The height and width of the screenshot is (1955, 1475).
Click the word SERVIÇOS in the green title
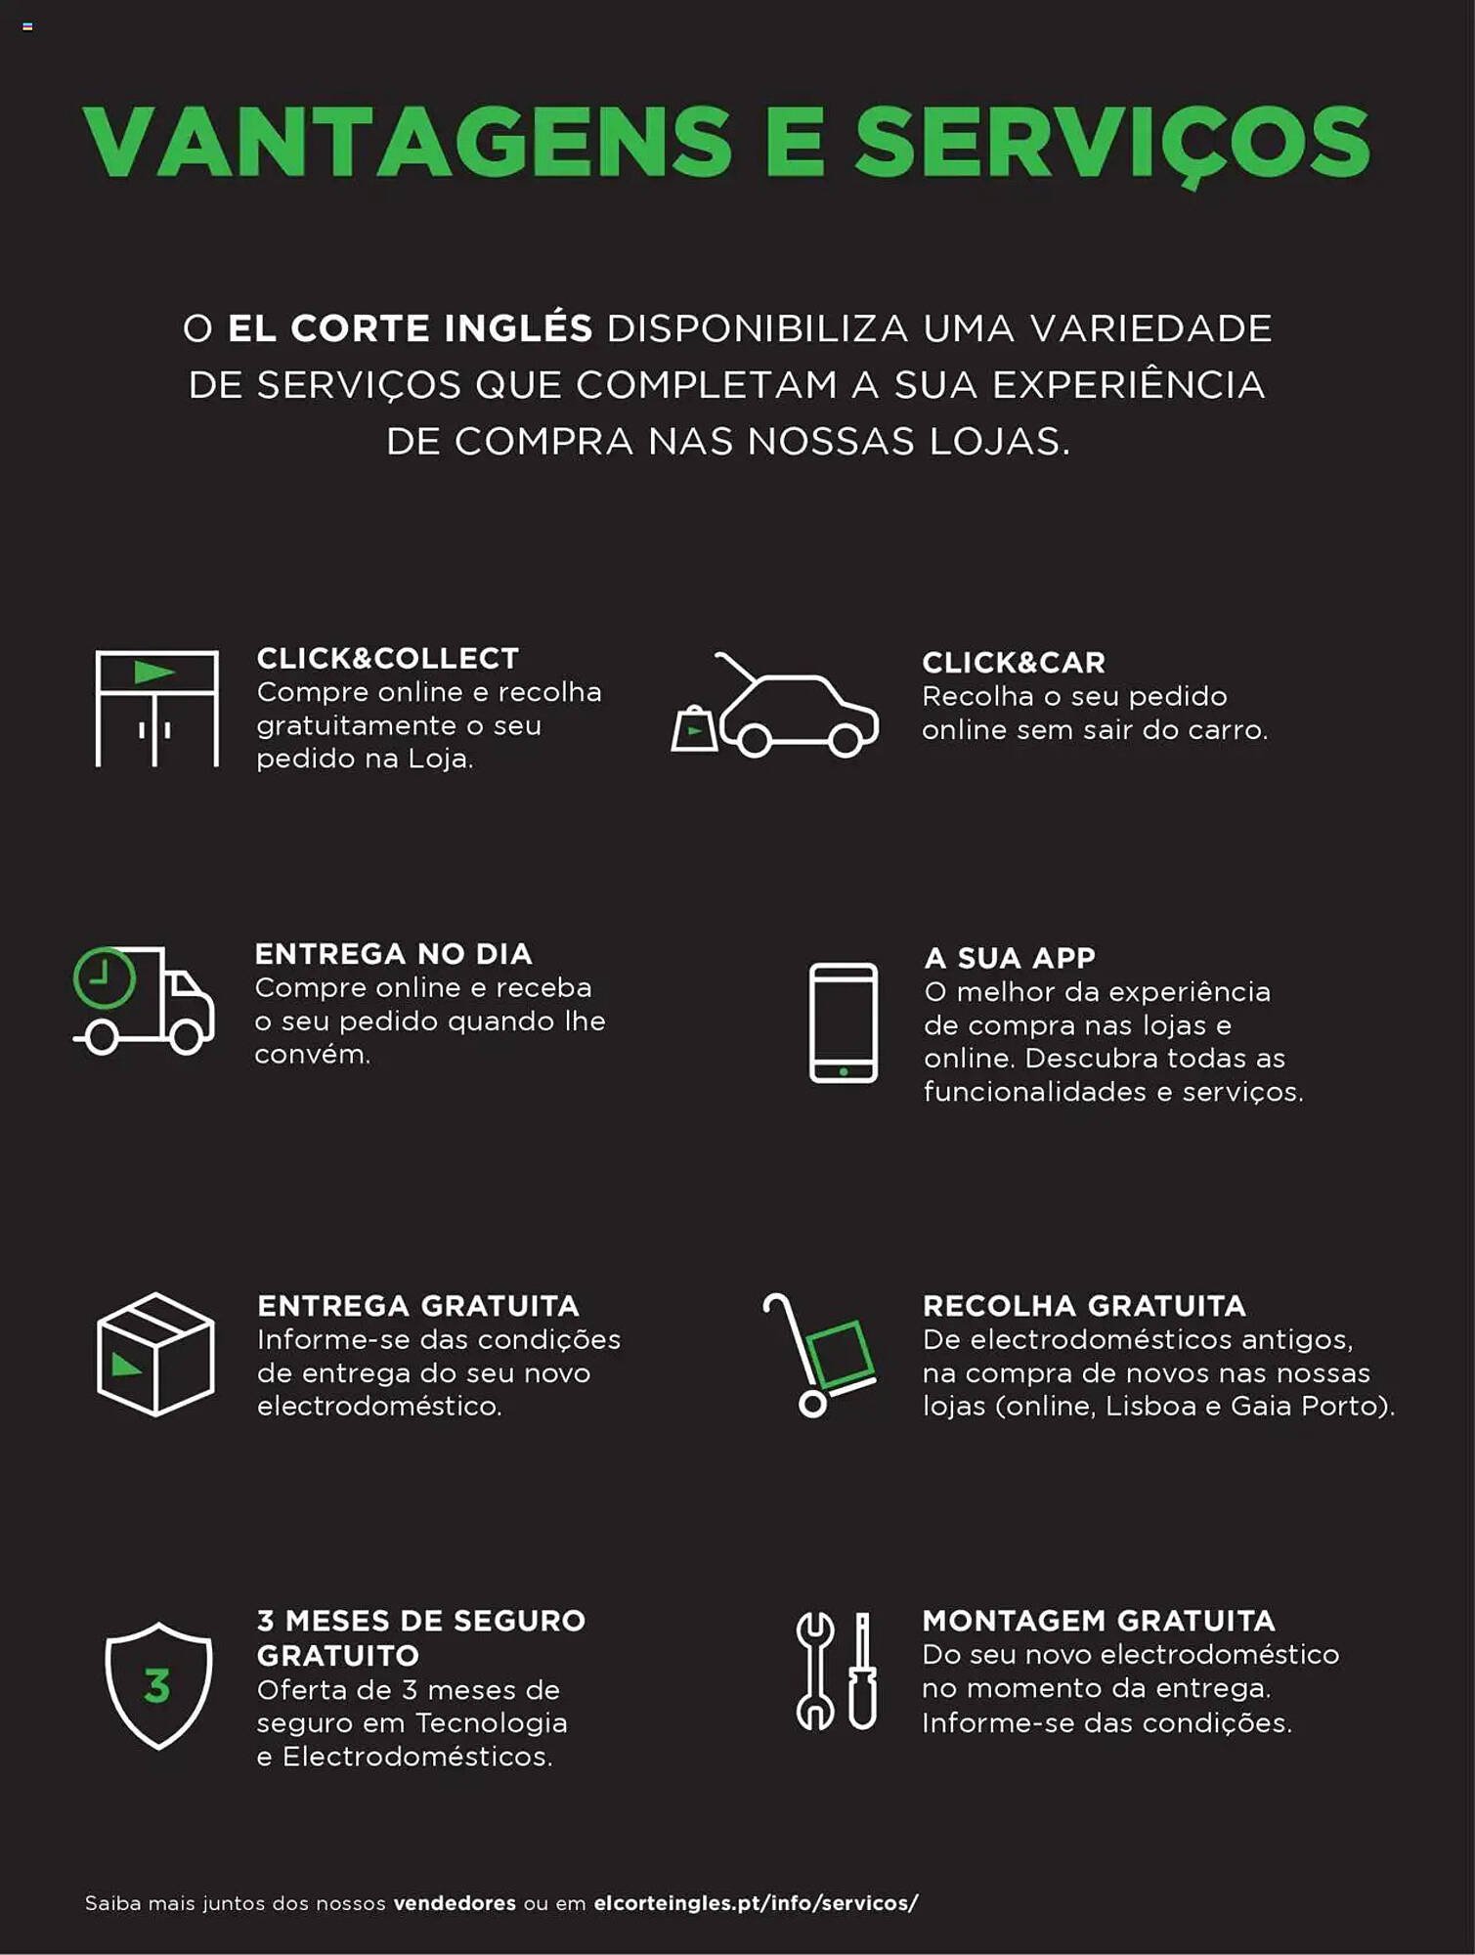1111,144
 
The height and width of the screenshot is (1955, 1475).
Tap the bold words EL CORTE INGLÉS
410,328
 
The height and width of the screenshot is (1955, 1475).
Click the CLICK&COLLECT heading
387,658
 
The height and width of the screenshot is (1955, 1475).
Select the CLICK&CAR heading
1014,662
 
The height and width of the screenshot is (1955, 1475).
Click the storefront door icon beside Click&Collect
156,709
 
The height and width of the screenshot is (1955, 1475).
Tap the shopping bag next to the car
694,729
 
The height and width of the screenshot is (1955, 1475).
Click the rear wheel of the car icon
754,739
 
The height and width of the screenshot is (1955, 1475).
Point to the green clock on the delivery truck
105,977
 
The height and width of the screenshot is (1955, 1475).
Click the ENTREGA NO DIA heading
393,953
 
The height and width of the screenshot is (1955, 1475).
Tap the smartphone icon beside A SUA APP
843,1022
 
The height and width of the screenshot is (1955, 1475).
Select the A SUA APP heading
1010,957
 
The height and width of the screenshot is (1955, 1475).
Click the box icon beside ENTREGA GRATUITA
155,1355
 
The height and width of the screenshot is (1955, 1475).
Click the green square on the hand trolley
840,1353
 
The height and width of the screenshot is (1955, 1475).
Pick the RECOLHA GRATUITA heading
1084,1305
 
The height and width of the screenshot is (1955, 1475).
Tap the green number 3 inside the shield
156,1686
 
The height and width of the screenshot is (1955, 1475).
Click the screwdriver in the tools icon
862,1672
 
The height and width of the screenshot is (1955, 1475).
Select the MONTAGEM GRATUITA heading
1099,1620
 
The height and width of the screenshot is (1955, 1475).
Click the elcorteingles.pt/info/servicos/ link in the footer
756,1903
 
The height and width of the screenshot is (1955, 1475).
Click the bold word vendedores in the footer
455,1903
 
